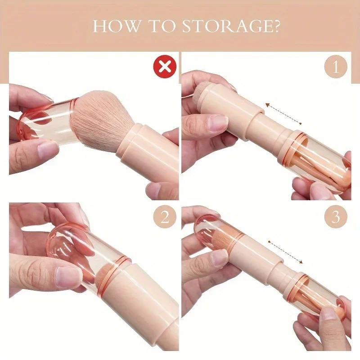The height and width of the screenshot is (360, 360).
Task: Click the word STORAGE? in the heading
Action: [x=231, y=26]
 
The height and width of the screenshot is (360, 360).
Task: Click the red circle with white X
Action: [x=165, y=67]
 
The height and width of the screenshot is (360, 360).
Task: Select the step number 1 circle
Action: [x=336, y=67]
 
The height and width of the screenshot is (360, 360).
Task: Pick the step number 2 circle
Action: [x=165, y=218]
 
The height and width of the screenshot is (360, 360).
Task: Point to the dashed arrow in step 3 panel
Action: [x=286, y=253]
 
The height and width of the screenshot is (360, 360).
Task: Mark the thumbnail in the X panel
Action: [x=47, y=149]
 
